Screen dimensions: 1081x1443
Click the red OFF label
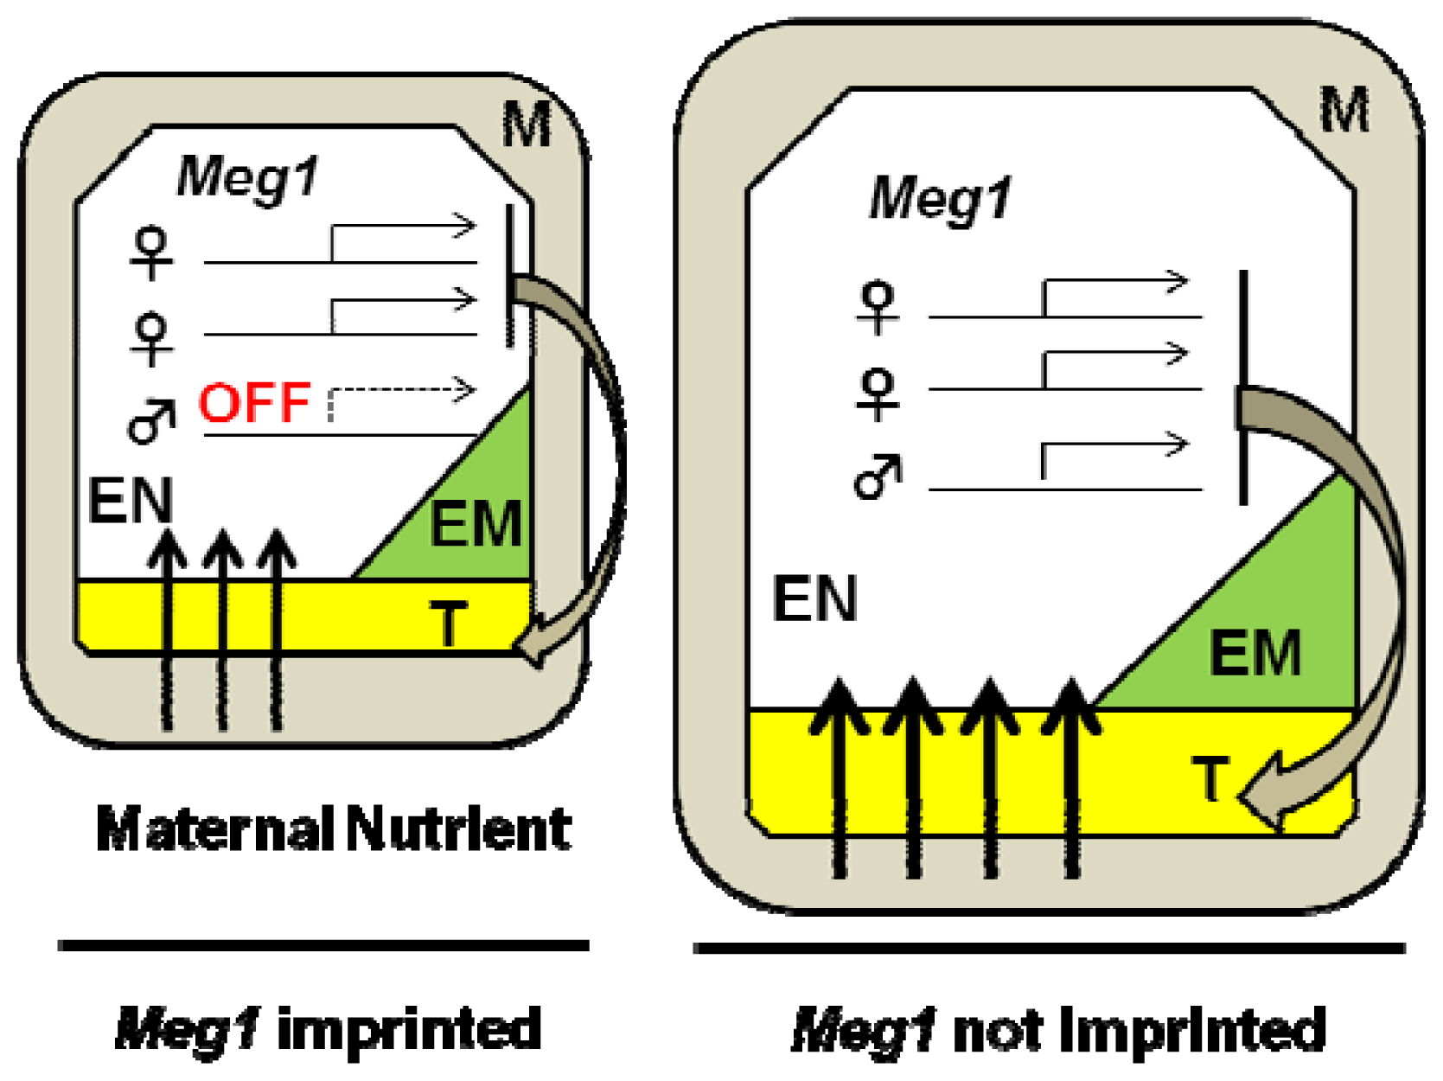click(254, 402)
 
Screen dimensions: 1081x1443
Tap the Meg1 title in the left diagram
click(247, 177)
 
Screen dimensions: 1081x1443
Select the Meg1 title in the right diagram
click(940, 199)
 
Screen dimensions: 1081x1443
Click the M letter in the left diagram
click(527, 125)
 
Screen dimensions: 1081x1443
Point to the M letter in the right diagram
click(1344, 111)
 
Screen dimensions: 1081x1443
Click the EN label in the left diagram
click(131, 501)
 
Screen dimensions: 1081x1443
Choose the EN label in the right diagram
click(814, 598)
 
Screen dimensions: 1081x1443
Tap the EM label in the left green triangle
click(476, 524)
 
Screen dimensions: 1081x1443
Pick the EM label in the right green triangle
click(1255, 653)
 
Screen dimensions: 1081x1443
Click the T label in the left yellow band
click(448, 623)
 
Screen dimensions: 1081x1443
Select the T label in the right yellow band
click(1210, 777)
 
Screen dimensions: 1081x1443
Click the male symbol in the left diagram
click(151, 421)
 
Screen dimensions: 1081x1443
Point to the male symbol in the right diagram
click(878, 477)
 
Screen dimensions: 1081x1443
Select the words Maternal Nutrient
click(334, 828)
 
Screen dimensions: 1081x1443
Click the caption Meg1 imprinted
click(329, 1029)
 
